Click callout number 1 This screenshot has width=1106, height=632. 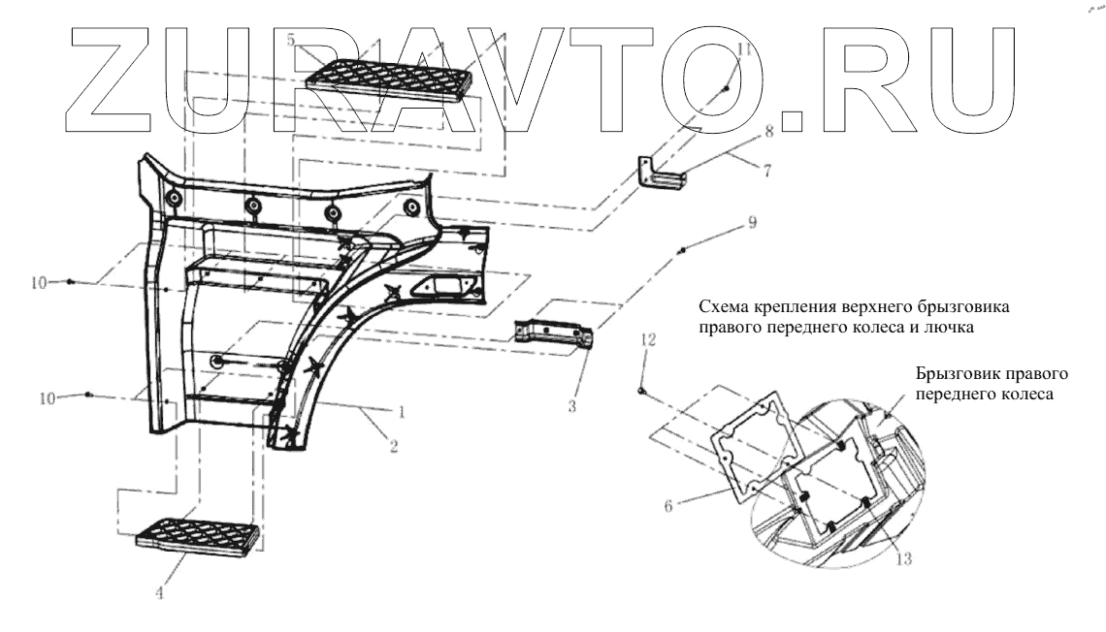401,411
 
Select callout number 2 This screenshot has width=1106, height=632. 394,447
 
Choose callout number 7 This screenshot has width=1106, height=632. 766,171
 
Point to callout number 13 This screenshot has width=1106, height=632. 904,557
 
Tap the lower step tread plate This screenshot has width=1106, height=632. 198,536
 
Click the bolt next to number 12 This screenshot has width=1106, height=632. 641,390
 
